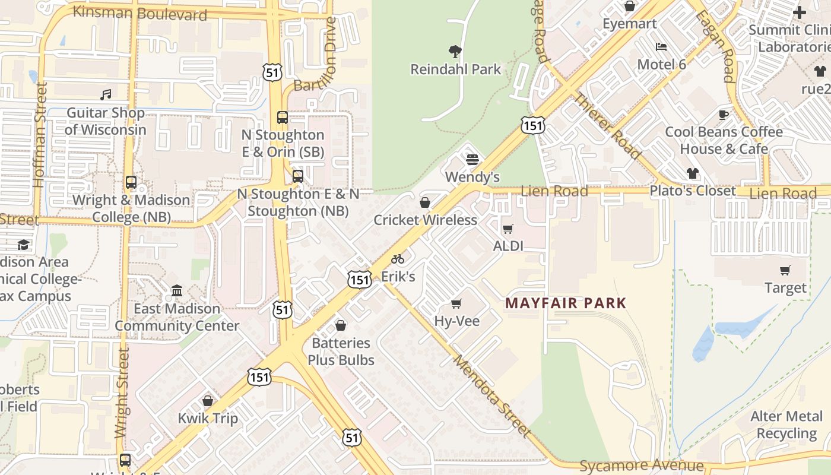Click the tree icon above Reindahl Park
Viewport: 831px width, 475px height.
pos(455,52)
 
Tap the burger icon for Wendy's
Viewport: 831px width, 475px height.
pos(472,160)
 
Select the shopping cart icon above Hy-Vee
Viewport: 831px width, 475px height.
pos(456,304)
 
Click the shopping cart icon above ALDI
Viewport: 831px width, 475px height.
pos(508,229)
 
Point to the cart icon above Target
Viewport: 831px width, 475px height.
pos(785,271)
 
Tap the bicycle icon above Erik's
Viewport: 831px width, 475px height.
pos(398,259)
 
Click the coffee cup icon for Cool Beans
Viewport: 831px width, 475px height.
pos(723,115)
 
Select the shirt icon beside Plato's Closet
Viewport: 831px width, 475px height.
pos(692,173)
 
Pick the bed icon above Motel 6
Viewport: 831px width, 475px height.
pos(661,47)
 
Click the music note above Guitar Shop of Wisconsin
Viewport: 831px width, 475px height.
pos(106,95)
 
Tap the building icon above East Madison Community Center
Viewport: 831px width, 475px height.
pos(177,291)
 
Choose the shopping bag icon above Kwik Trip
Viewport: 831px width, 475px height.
pos(208,401)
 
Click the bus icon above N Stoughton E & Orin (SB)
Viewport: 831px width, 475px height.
pos(283,118)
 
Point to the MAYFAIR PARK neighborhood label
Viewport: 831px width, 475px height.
pos(566,303)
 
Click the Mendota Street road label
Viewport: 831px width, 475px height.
pos(491,396)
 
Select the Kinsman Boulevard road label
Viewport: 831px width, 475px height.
pos(139,13)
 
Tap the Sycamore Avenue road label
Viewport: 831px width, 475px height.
pos(641,465)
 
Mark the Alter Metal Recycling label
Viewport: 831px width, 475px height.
pos(786,425)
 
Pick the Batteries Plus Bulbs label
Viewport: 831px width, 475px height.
pos(341,351)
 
